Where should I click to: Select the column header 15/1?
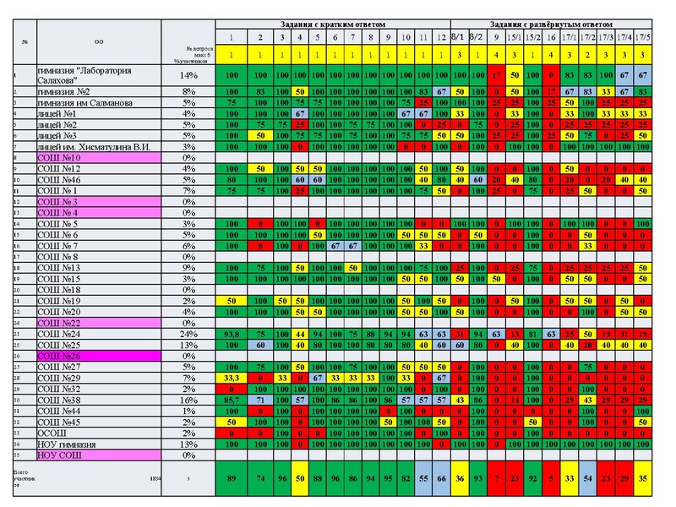(x=514, y=38)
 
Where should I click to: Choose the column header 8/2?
(x=477, y=38)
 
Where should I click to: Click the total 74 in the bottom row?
(x=261, y=477)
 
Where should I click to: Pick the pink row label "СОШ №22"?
(x=58, y=323)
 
